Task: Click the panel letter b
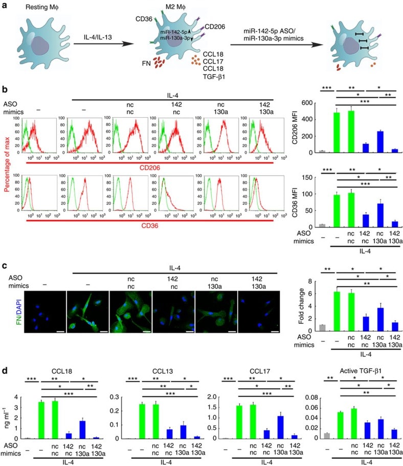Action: click(5, 89)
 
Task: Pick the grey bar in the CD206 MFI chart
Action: click(322, 151)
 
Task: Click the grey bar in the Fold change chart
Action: click(322, 328)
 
